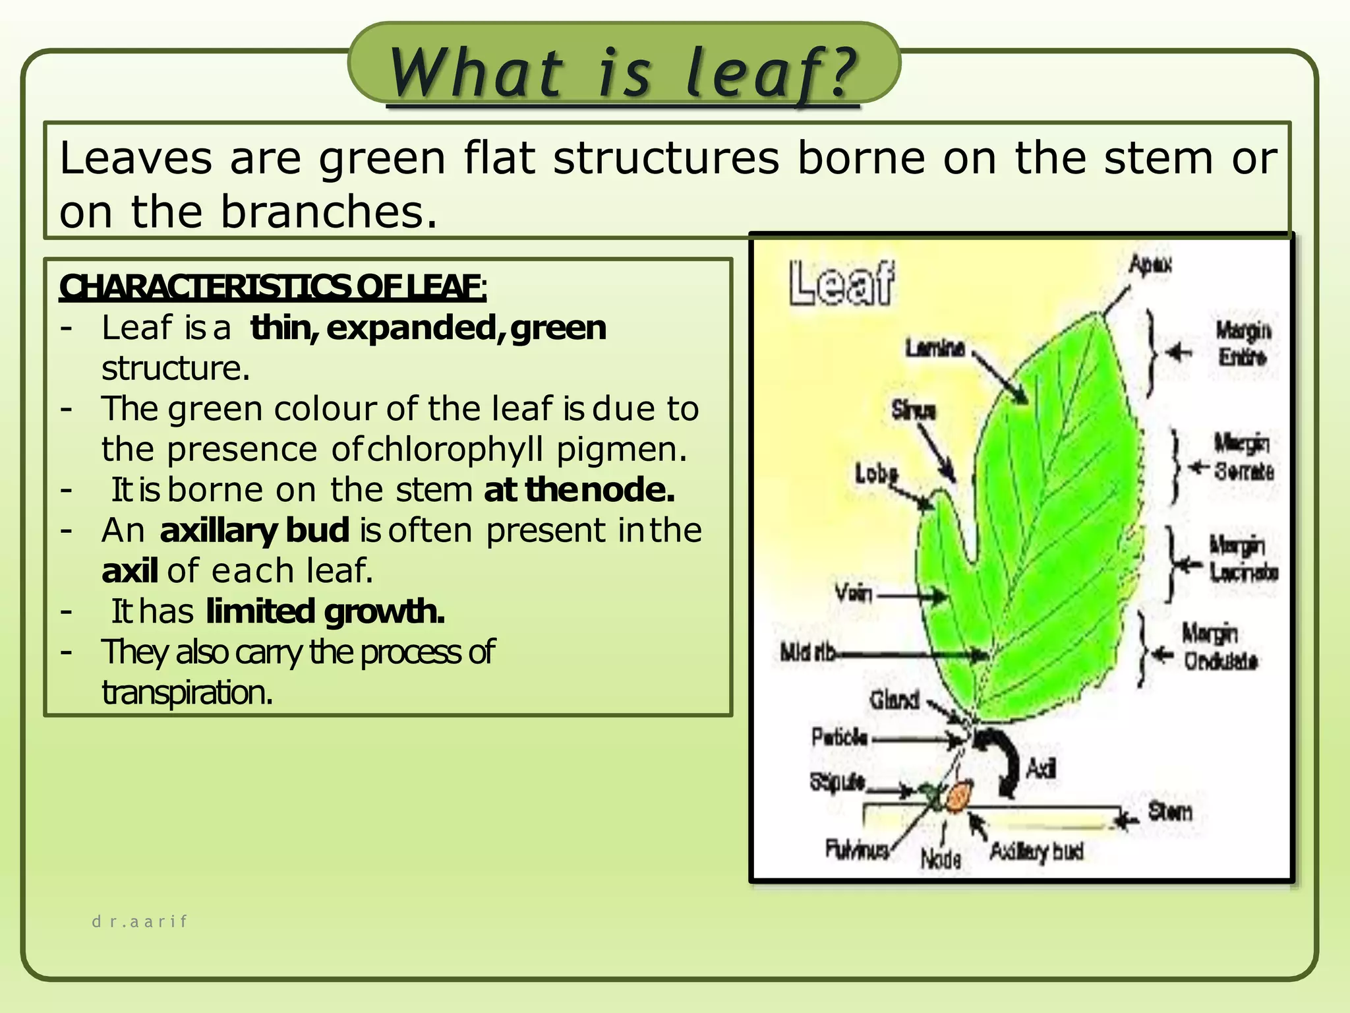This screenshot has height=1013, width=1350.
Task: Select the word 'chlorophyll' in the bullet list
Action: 455,450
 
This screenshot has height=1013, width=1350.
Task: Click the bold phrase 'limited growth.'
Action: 325,611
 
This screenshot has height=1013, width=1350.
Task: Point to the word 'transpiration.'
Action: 187,692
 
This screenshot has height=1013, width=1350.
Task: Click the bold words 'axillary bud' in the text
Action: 254,530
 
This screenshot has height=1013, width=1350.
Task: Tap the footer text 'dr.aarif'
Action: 140,921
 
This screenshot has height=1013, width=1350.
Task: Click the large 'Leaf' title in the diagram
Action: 841,284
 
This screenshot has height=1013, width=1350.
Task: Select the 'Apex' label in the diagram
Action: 1150,265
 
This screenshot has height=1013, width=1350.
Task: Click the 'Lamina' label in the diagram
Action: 935,348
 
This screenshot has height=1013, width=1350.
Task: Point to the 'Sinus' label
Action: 914,410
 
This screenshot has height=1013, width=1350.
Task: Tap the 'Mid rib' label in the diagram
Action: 808,653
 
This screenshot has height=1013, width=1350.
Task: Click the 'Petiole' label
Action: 840,737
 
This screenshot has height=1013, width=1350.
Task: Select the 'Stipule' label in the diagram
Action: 837,782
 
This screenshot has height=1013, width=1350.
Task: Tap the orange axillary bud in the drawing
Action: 958,797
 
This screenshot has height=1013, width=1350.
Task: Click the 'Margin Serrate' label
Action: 1243,456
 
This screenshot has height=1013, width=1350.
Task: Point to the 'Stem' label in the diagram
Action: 1170,811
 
